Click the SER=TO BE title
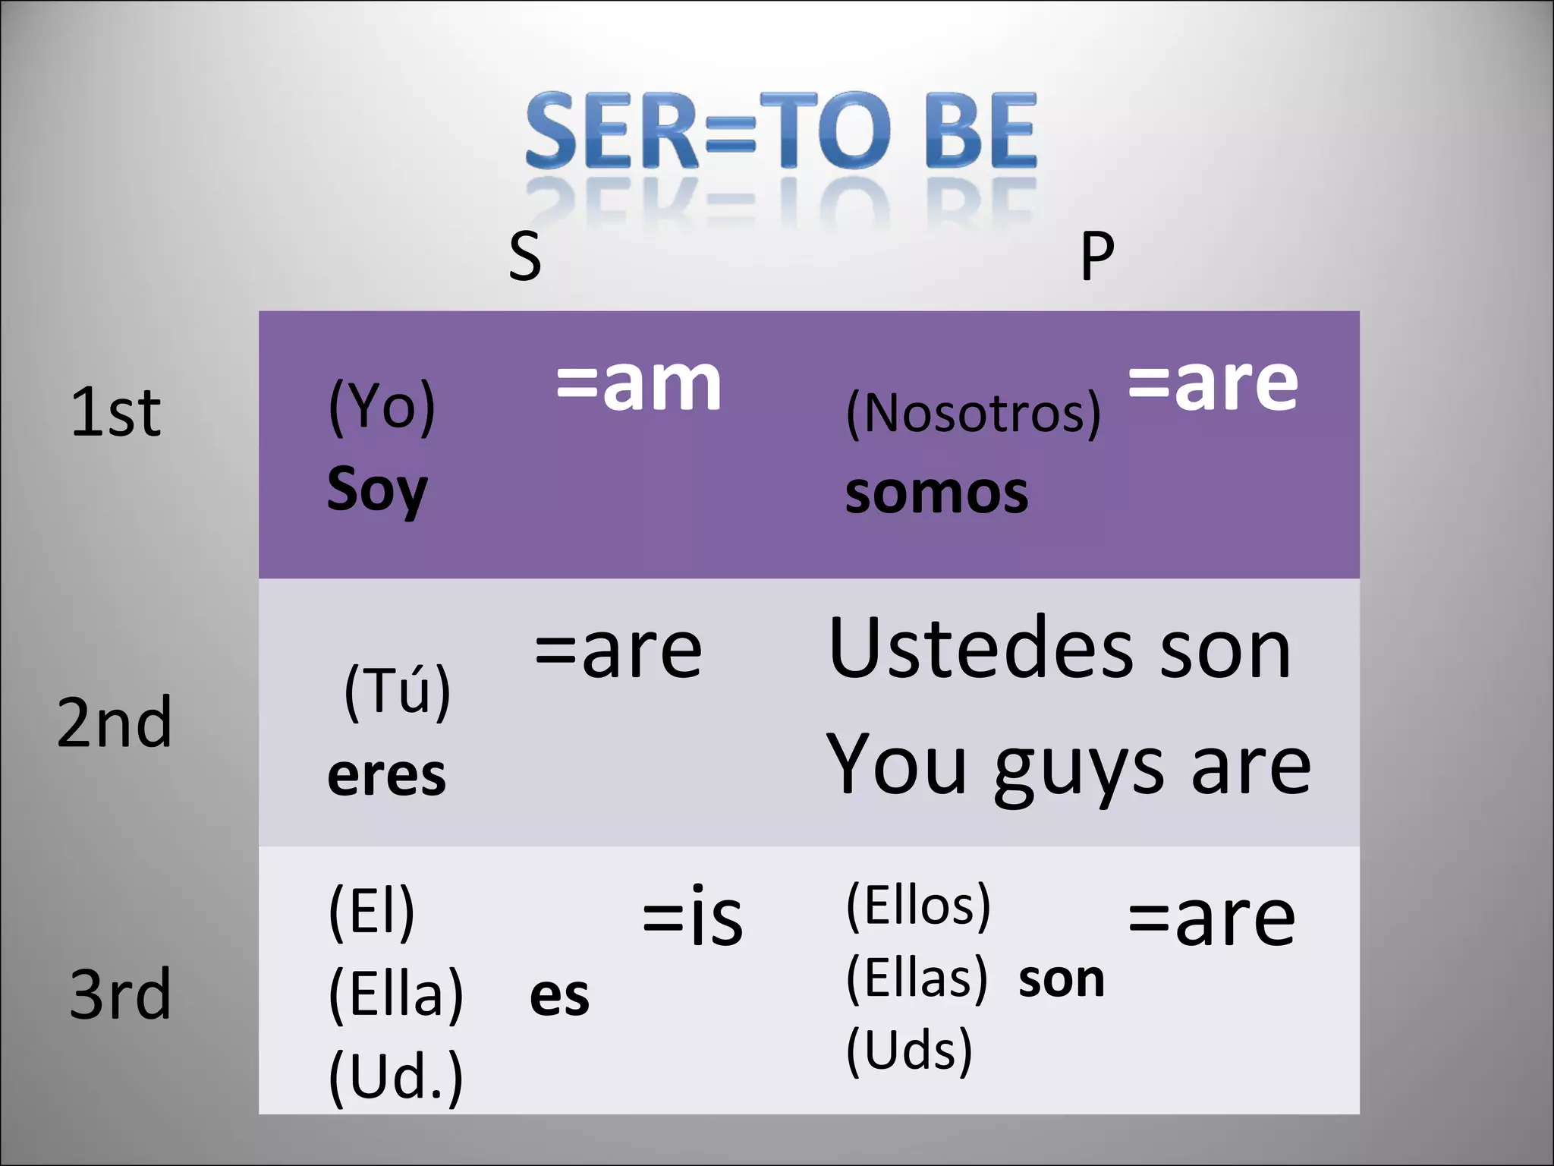780,131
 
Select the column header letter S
525,257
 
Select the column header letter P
1097,257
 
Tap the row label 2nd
115,723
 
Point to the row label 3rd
120,994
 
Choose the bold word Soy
377,490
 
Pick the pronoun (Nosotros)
973,414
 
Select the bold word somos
936,493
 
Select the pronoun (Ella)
395,994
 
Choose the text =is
692,916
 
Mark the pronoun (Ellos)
918,905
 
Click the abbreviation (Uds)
909,1051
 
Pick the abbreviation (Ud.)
395,1076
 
